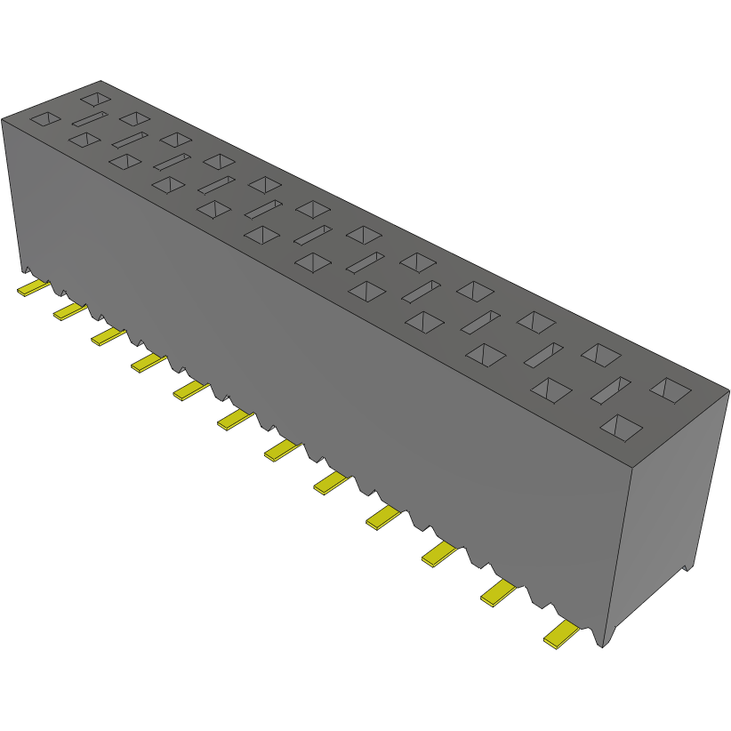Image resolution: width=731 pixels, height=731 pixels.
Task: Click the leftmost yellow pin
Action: tap(33, 287)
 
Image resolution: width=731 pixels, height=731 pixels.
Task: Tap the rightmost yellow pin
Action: tap(561, 635)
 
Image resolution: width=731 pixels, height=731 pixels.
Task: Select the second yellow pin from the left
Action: tap(69, 309)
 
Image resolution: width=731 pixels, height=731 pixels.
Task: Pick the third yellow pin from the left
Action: tap(107, 335)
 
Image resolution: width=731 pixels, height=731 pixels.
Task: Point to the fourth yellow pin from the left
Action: tap(148, 362)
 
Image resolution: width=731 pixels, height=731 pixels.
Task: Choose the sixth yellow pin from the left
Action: tap(235, 419)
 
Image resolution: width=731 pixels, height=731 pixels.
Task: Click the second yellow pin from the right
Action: tap(498, 592)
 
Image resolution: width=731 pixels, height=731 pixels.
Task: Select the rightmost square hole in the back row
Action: tap(671, 390)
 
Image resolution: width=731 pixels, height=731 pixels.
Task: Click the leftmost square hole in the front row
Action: tap(45, 118)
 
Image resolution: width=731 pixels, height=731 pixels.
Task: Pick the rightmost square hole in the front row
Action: tap(621, 427)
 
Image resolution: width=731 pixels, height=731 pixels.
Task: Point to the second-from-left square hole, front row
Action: tap(84, 140)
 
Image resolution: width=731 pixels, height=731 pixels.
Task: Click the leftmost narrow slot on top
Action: tap(89, 118)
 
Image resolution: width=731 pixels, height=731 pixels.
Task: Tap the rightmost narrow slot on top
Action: tap(612, 389)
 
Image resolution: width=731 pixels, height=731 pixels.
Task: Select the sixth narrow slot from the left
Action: tap(313, 235)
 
